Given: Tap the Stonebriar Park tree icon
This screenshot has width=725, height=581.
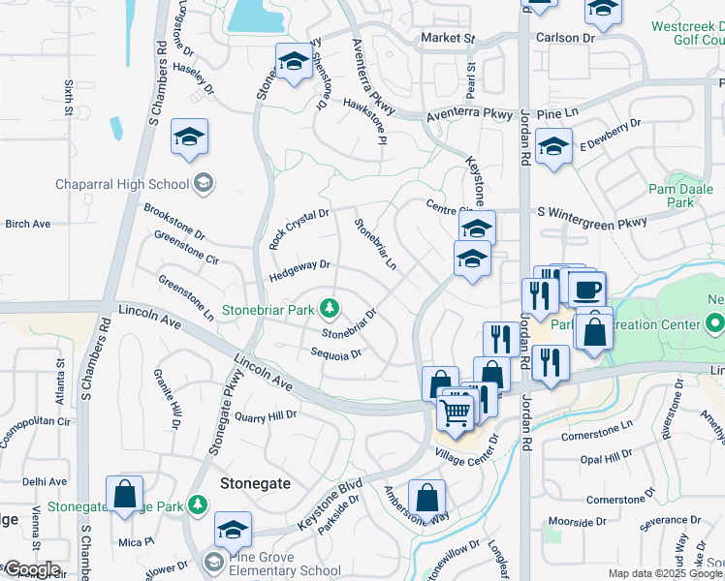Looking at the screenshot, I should tap(331, 308).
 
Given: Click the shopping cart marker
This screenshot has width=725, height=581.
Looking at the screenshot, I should tap(456, 413).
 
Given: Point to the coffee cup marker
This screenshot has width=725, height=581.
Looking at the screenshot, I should tap(588, 290).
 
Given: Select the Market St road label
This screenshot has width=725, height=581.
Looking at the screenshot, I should tap(448, 38).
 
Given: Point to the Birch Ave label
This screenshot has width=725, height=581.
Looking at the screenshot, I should tap(27, 224).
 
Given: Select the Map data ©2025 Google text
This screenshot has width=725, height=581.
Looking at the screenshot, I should tap(665, 573).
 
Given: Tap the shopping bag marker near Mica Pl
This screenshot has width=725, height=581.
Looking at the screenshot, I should tap(125, 495).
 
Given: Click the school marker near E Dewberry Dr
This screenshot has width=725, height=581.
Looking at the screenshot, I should tap(553, 148).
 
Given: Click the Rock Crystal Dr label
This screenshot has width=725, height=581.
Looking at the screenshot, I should tap(299, 229).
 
